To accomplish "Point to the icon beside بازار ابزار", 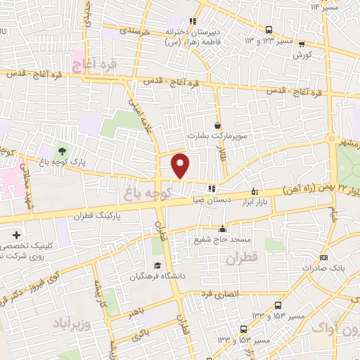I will click(x=255, y=191).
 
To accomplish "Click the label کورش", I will click(x=302, y=54).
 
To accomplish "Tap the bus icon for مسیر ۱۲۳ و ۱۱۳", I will click(x=269, y=30).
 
